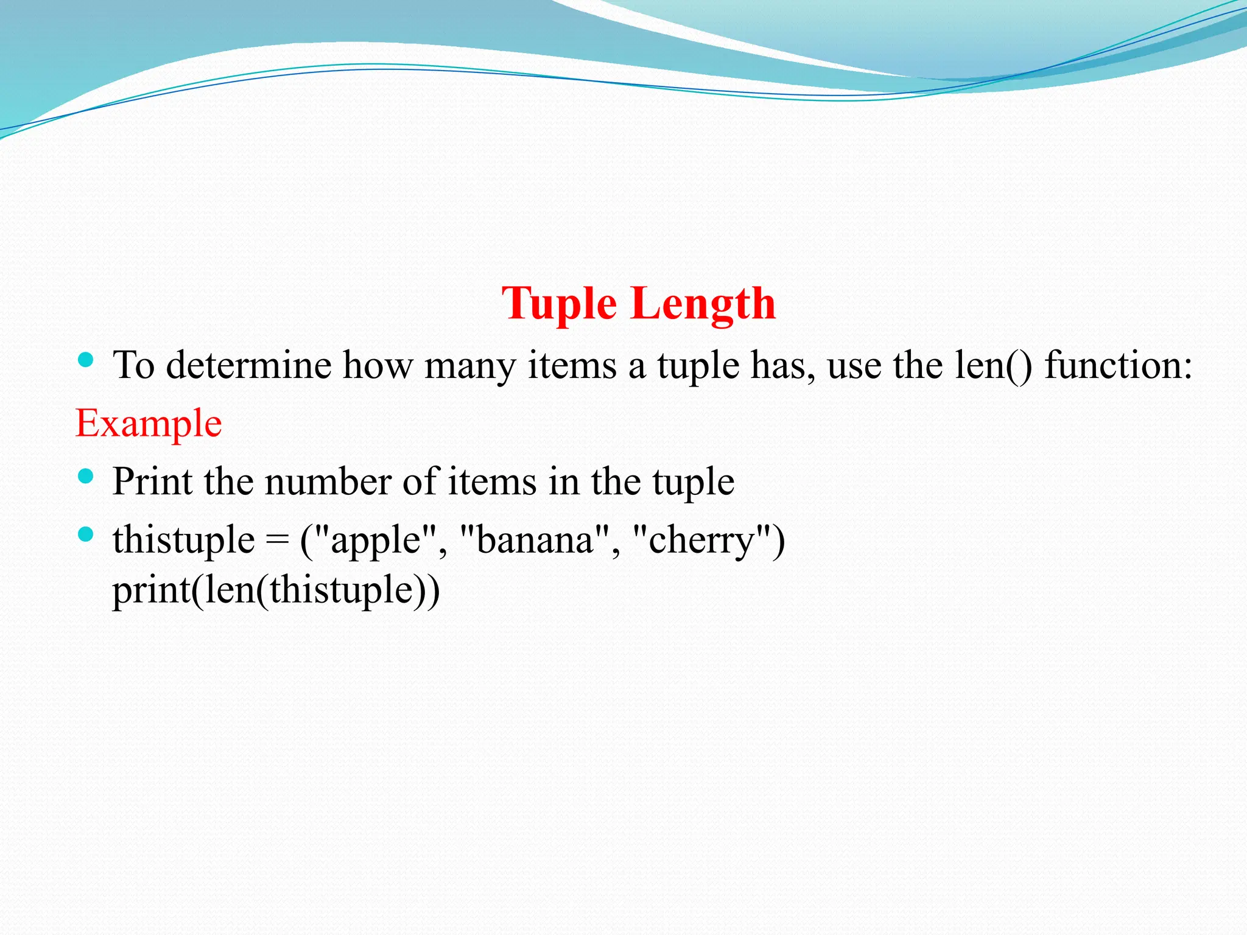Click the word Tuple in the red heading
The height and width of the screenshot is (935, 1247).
559,304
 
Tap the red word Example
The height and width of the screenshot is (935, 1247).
149,423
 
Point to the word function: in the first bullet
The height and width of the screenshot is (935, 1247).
1118,365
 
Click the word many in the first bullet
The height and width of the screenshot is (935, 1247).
469,366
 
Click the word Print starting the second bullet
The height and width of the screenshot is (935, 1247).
152,482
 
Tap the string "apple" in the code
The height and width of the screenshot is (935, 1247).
376,540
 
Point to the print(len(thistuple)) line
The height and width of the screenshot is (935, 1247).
276,590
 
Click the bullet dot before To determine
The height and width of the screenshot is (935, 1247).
86,360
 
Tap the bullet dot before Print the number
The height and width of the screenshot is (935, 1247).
86,476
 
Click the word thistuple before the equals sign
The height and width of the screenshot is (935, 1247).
183,540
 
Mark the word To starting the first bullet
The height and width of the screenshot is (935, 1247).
133,365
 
